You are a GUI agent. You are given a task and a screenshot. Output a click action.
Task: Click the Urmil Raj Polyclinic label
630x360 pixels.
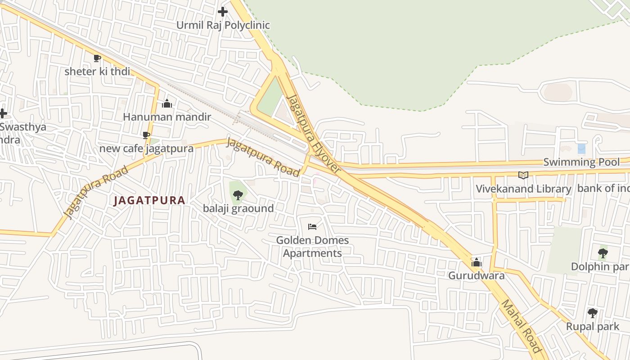pos(223,25)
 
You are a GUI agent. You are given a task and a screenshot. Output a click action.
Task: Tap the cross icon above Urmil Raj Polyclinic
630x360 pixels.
pos(222,12)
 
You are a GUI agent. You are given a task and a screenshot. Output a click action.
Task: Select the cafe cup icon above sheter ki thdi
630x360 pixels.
pos(97,58)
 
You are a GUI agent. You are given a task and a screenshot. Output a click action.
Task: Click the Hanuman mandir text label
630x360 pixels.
pos(167,117)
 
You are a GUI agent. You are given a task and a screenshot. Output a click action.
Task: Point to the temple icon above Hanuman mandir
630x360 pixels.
pos(167,104)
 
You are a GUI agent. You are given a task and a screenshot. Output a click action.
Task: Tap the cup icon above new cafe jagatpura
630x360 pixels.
pos(146,135)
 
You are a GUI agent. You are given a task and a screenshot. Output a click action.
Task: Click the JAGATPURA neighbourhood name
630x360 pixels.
pos(149,200)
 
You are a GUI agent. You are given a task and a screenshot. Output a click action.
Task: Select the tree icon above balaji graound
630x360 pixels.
pos(238,195)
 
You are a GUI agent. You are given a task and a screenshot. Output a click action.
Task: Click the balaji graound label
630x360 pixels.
pos(238,208)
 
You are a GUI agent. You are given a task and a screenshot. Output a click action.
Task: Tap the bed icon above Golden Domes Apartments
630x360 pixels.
pos(312,226)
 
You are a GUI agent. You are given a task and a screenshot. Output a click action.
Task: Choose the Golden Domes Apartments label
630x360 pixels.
pos(312,247)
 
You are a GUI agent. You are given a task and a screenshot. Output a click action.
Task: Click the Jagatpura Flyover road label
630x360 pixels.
pos(314,134)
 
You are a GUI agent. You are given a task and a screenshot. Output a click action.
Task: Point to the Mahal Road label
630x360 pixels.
pos(521,326)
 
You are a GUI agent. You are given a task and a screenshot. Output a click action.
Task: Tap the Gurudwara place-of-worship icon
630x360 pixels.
pos(476,262)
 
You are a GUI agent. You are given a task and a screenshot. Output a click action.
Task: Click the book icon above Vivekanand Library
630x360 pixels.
pos(523,175)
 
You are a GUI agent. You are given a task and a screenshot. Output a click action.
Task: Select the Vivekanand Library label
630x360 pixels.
pos(523,189)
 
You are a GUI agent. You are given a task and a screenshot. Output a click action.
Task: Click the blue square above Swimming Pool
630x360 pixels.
pos(581,148)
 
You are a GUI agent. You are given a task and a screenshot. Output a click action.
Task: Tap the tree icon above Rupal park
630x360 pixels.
pos(593,313)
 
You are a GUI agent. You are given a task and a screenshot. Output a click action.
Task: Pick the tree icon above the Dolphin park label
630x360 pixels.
pos(603,253)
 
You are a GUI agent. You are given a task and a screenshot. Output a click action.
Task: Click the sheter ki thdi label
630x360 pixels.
pos(97,72)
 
